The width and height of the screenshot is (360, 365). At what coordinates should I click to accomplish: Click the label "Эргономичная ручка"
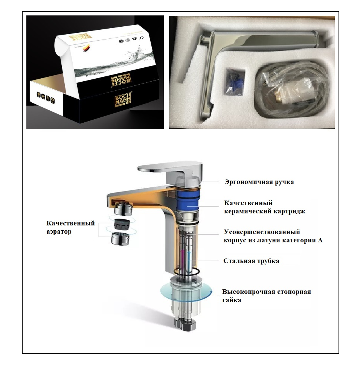(259, 182)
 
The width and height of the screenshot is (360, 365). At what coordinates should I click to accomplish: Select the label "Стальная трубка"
(251, 261)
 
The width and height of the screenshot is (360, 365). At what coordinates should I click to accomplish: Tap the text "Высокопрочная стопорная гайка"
(266, 296)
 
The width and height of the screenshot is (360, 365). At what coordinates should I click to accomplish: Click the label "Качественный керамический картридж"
(264, 207)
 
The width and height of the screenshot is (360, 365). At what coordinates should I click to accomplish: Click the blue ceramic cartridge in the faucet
(188, 207)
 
